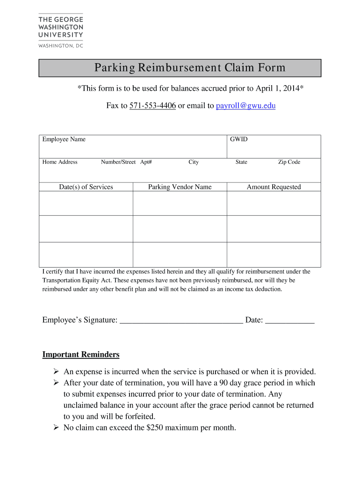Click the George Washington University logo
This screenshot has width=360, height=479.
[x=60, y=31]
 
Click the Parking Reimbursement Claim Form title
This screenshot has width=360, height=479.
[x=190, y=68]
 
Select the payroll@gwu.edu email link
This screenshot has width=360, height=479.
[x=246, y=106]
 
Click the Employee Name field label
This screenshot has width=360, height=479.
[x=64, y=139]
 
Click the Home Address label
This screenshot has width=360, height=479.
[x=60, y=162]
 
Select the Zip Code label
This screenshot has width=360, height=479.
[x=289, y=162]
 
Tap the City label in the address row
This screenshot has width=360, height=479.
[x=194, y=162]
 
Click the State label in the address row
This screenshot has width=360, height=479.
[x=241, y=162]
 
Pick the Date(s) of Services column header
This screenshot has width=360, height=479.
[x=86, y=187]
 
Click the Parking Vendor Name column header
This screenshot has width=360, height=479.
[x=180, y=187]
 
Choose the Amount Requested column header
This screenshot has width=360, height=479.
[x=274, y=187]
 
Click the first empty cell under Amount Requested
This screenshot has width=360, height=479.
[x=274, y=203]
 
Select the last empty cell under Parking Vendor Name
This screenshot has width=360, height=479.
[x=180, y=254]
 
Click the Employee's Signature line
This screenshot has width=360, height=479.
[x=181, y=321]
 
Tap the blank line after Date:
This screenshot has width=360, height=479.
[x=290, y=321]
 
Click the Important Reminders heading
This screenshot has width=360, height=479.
[x=81, y=355]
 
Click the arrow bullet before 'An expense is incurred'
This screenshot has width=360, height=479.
[x=56, y=372]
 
